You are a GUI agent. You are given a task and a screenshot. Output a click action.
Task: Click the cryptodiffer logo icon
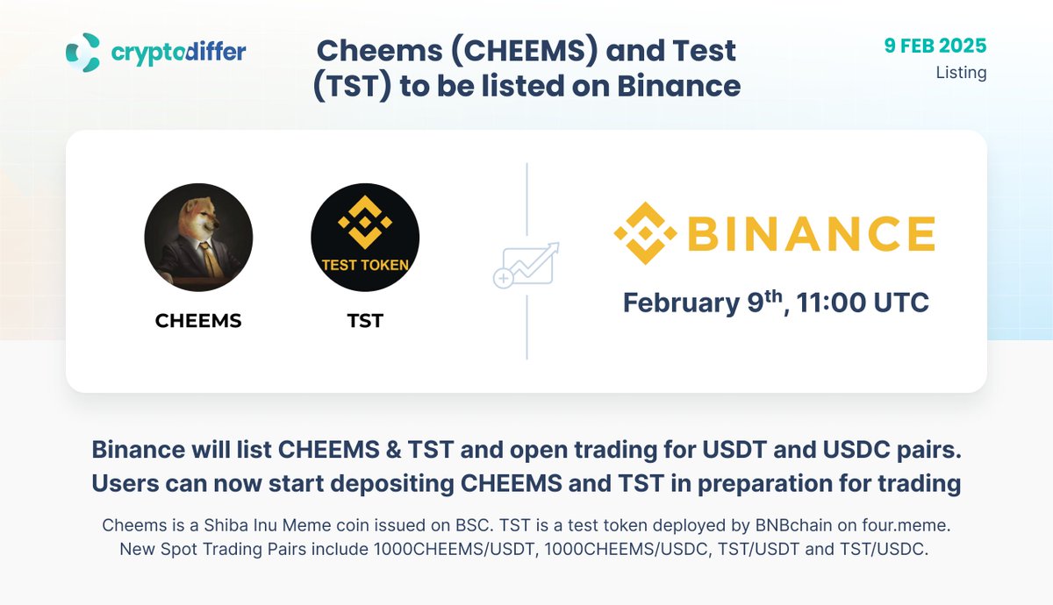click(x=83, y=52)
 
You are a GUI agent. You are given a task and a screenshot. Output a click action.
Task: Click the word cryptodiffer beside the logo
click(x=178, y=53)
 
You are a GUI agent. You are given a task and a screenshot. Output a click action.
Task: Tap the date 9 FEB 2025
click(x=935, y=46)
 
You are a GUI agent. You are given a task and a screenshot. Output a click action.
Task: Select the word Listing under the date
click(x=961, y=73)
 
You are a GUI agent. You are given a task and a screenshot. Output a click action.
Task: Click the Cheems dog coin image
click(x=198, y=238)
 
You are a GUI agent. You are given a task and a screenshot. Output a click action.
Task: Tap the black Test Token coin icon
click(x=365, y=238)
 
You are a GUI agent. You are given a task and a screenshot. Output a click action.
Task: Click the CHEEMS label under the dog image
click(x=198, y=321)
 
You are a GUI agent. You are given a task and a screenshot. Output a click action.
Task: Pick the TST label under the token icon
click(x=365, y=321)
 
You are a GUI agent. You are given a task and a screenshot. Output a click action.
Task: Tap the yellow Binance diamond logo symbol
click(x=646, y=233)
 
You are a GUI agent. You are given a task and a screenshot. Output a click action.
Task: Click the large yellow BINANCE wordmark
click(x=809, y=234)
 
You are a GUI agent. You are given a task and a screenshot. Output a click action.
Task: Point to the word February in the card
click(x=681, y=303)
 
